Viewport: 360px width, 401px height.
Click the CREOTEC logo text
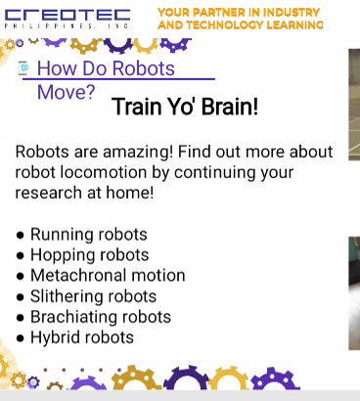click(x=67, y=14)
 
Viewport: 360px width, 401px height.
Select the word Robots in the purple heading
click(x=143, y=68)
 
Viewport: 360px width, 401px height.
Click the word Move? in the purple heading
click(x=66, y=93)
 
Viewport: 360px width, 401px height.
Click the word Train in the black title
click(x=136, y=107)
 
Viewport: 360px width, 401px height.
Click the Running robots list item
click(x=88, y=235)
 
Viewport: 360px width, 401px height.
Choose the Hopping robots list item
click(x=89, y=255)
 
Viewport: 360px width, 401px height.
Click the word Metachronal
click(x=81, y=276)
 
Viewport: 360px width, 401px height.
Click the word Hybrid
click(x=54, y=337)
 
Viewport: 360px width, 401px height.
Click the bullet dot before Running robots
click(x=21, y=236)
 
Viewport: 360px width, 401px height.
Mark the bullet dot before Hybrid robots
click(x=21, y=338)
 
